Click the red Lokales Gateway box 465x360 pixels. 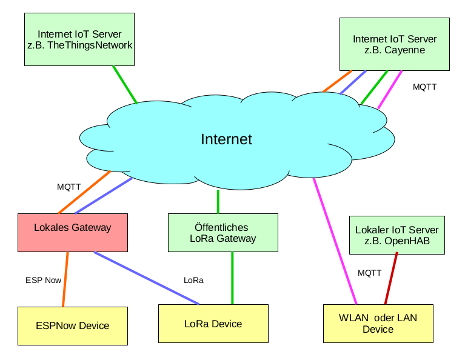click(73, 232)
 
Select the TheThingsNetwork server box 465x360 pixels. click(79, 39)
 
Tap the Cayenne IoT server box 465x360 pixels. click(394, 44)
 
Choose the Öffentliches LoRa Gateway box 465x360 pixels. click(223, 232)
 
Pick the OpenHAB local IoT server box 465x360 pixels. click(397, 235)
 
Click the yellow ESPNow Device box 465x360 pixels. click(73, 325)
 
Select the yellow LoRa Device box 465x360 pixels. click(213, 324)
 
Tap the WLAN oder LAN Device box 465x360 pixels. click(378, 324)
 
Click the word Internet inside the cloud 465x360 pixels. click(226, 139)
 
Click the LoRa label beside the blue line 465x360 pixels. click(193, 280)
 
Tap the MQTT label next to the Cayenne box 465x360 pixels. click(424, 87)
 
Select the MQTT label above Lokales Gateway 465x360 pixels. click(69, 187)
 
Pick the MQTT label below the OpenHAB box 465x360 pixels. click(369, 273)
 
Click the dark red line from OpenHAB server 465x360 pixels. click(391, 279)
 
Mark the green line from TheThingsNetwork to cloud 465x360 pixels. click(124, 84)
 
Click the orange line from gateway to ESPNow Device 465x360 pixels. click(65, 279)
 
